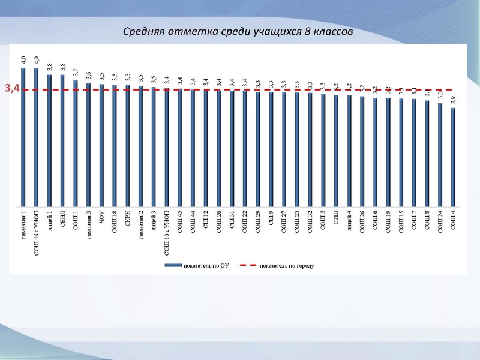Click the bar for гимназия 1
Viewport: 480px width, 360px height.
click(23, 138)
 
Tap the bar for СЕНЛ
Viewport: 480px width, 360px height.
click(62, 141)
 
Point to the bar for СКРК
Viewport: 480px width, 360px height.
click(128, 146)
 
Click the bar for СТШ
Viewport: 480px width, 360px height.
click(336, 151)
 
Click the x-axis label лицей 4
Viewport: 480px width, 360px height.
click(349, 220)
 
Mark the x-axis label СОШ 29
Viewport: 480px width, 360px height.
click(258, 221)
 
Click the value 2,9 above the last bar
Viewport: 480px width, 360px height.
click(453, 100)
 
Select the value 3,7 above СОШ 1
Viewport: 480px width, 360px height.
click(76, 73)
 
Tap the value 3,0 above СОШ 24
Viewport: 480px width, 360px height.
click(440, 95)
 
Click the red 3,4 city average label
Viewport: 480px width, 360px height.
click(13, 89)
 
